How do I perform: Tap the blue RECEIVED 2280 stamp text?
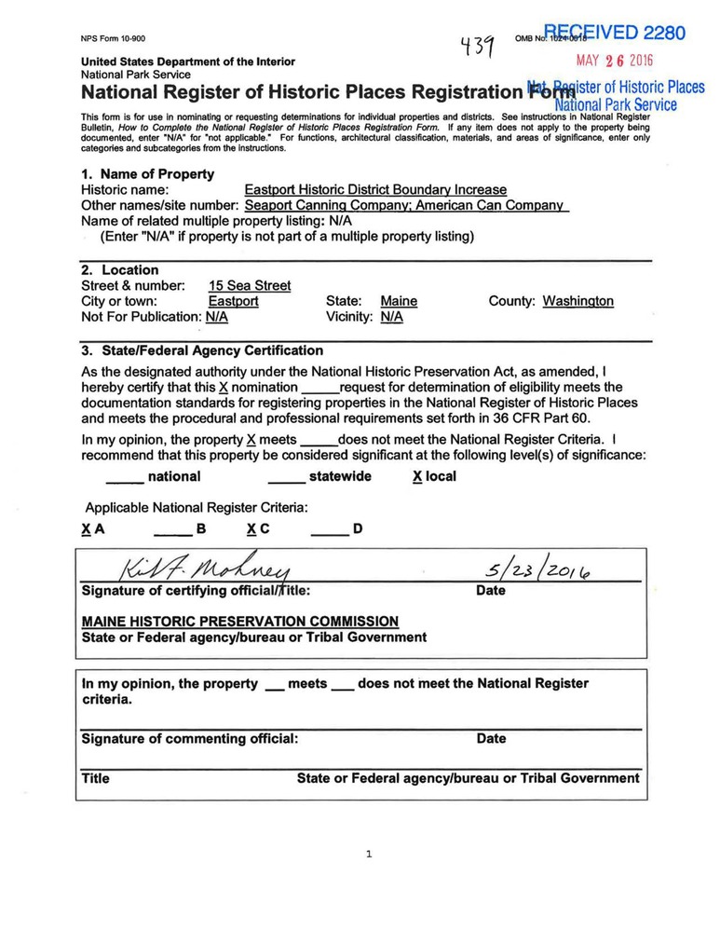point(614,34)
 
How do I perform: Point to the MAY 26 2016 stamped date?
point(615,62)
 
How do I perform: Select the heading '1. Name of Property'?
point(147,174)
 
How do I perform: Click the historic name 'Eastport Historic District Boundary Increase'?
point(375,189)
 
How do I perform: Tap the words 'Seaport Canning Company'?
point(325,205)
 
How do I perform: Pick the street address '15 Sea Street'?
point(249,286)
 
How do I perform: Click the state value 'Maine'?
point(399,301)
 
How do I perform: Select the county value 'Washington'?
point(577,301)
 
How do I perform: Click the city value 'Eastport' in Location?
point(233,301)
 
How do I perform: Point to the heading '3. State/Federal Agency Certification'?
point(202,351)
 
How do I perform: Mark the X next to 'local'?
point(417,476)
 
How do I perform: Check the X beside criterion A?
point(86,529)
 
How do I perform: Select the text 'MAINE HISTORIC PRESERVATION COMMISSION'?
point(240,622)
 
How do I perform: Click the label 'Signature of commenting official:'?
point(190,739)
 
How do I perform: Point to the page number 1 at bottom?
point(369,854)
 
